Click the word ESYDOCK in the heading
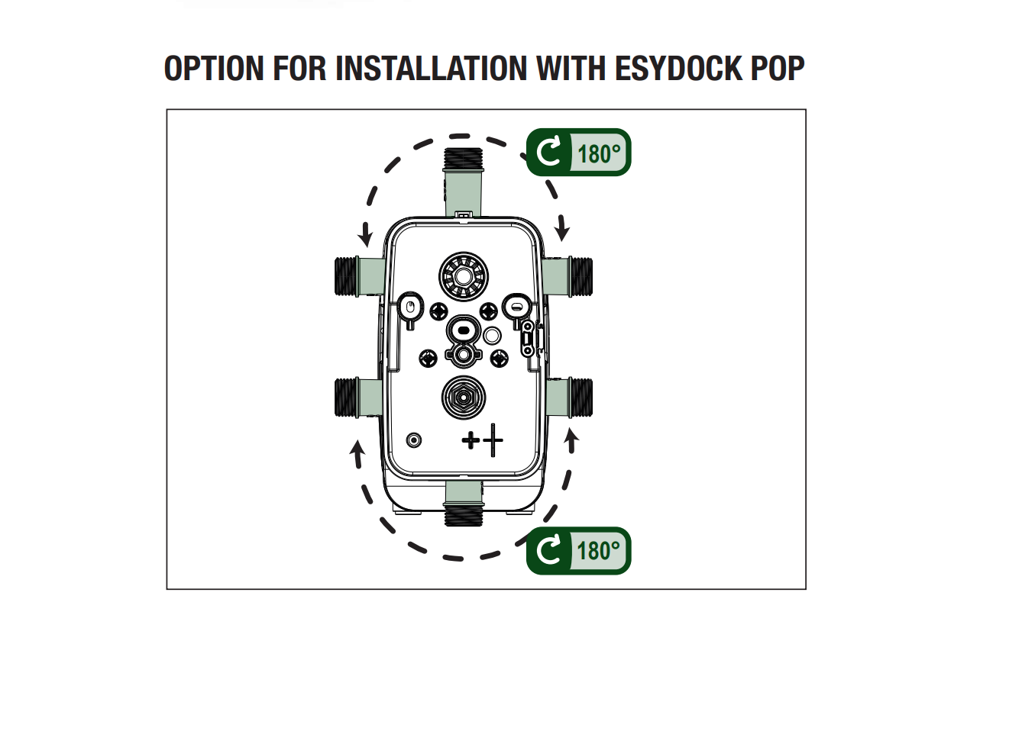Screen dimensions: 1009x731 point(679,69)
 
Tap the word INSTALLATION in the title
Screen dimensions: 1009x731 point(431,69)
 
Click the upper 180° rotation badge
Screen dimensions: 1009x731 point(578,152)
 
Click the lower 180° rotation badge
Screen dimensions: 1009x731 point(578,550)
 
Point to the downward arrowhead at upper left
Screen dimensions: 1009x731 point(366,236)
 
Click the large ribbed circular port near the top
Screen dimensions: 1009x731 point(464,276)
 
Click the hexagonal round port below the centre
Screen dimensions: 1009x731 point(464,398)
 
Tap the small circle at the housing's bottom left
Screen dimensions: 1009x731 point(414,440)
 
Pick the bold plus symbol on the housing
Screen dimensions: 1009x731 point(471,440)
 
